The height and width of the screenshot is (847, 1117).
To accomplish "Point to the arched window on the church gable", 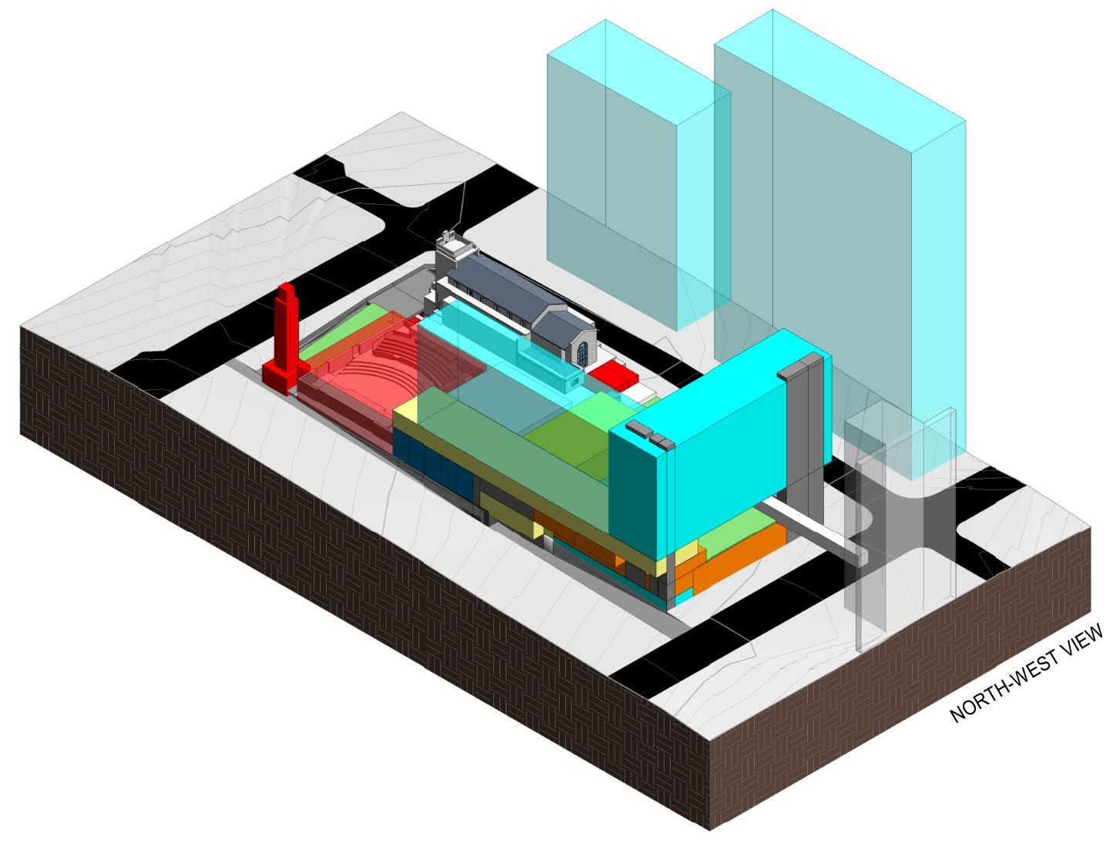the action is (x=582, y=354).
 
